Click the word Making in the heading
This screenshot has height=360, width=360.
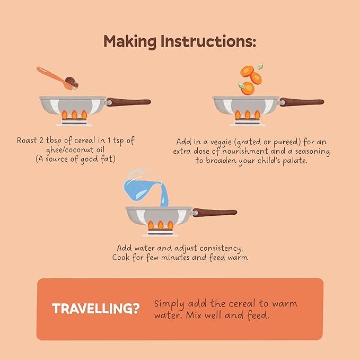[x=130, y=42]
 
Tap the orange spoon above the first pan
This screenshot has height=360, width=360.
[x=58, y=78]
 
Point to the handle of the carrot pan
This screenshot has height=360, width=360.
[x=302, y=102]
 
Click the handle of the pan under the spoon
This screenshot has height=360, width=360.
[x=128, y=102]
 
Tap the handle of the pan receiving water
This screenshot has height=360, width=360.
[x=215, y=212]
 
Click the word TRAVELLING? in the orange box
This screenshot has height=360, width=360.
[x=96, y=309]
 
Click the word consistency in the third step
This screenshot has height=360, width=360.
[x=221, y=249]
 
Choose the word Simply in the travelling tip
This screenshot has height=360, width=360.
[x=169, y=304]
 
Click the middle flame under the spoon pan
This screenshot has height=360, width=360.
[x=74, y=115]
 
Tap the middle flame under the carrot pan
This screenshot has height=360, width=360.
[x=248, y=115]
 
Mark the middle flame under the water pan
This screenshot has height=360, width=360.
[x=161, y=225]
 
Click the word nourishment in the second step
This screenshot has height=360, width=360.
[x=245, y=152]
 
